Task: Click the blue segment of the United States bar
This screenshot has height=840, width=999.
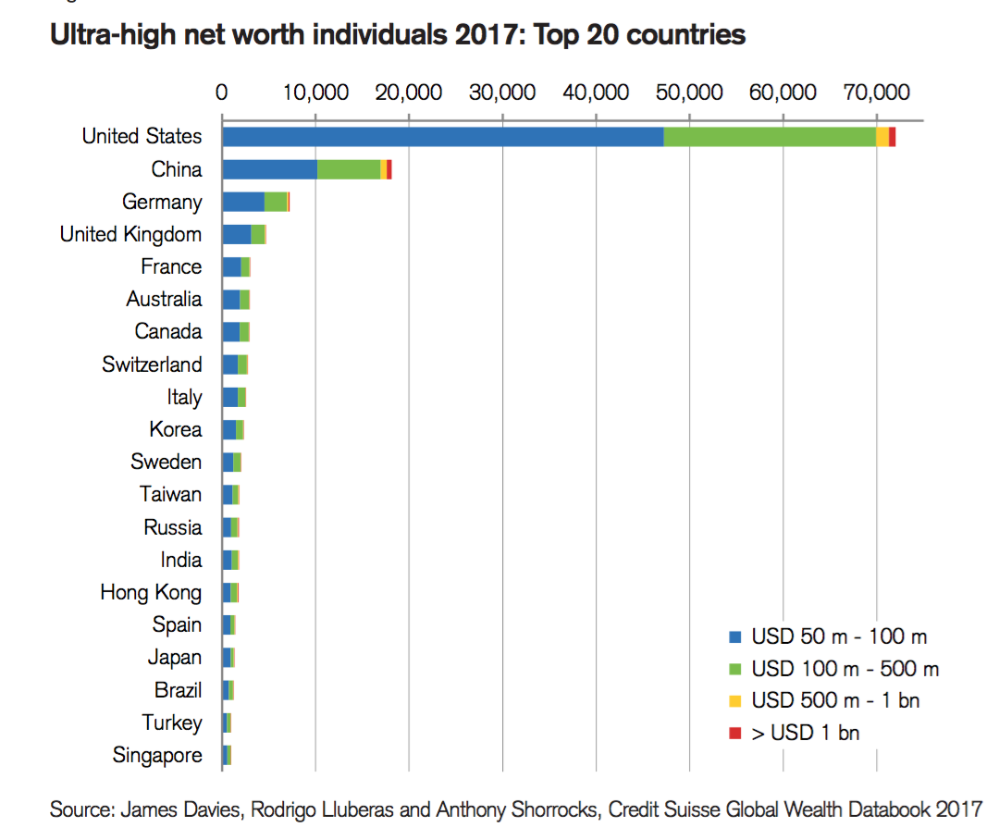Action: pyautogui.click(x=442, y=137)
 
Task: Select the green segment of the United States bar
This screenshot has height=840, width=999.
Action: pyautogui.click(x=770, y=137)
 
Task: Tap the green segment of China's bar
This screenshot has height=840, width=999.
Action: pyautogui.click(x=349, y=169)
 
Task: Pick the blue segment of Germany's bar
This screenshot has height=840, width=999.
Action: pyautogui.click(x=243, y=202)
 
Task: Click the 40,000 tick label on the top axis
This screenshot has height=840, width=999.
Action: pyautogui.click(x=596, y=93)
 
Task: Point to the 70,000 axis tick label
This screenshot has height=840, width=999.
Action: pyautogui.click(x=876, y=93)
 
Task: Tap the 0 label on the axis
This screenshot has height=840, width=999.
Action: pyautogui.click(x=222, y=93)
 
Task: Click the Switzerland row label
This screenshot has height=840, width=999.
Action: pyautogui.click(x=152, y=364)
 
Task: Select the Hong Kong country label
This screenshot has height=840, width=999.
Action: pyautogui.click(x=151, y=592)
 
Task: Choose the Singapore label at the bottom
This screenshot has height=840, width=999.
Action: pyautogui.click(x=157, y=755)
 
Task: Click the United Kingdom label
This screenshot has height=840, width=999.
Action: pyautogui.click(x=130, y=234)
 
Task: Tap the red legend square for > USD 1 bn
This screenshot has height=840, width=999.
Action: pyautogui.click(x=735, y=734)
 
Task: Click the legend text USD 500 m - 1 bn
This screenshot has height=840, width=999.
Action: pyautogui.click(x=835, y=701)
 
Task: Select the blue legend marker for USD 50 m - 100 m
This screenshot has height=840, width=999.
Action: pyautogui.click(x=735, y=636)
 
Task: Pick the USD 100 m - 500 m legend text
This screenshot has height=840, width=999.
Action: pyautogui.click(x=845, y=669)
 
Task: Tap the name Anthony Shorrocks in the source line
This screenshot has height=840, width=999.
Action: pyautogui.click(x=518, y=809)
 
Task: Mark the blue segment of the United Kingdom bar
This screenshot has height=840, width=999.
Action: pyautogui.click(x=236, y=234)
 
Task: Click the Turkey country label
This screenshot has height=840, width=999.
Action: pyautogui.click(x=172, y=723)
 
